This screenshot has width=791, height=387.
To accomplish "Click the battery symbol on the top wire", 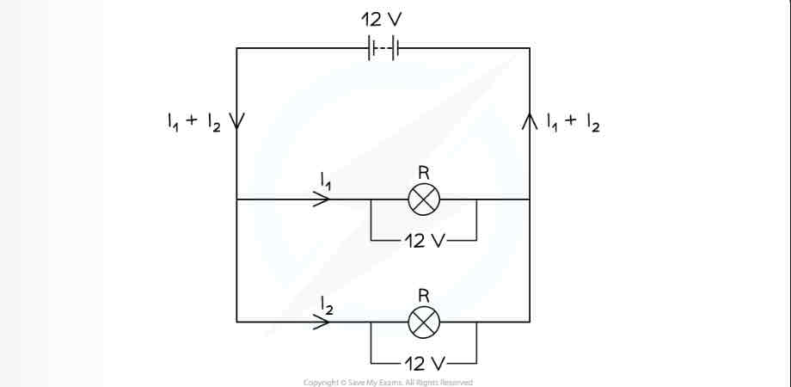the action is (383, 49).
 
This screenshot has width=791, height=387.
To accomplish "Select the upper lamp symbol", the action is (423, 200).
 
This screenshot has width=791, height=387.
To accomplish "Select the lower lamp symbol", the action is (423, 322).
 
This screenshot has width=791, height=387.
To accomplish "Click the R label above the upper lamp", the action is (423, 172).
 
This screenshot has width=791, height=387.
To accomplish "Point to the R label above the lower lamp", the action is (423, 295).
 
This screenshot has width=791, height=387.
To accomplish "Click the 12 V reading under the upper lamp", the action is (423, 241).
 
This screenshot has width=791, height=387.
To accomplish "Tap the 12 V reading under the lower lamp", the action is (423, 364).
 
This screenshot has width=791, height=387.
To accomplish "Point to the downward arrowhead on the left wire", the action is (237, 120).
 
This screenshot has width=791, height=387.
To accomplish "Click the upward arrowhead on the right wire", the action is (530, 120).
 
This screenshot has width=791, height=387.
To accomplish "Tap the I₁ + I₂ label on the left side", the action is (194, 122).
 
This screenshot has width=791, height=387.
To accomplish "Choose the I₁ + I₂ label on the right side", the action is (573, 122).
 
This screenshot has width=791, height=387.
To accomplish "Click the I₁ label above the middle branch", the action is (324, 180).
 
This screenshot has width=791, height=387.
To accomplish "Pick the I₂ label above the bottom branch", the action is (324, 303).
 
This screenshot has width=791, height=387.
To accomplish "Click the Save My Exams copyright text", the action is (388, 382).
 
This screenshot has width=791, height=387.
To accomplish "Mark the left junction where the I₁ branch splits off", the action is (237, 200).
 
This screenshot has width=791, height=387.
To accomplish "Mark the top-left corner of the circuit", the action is (237, 49).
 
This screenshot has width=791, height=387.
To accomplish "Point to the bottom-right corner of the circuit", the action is (530, 322).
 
